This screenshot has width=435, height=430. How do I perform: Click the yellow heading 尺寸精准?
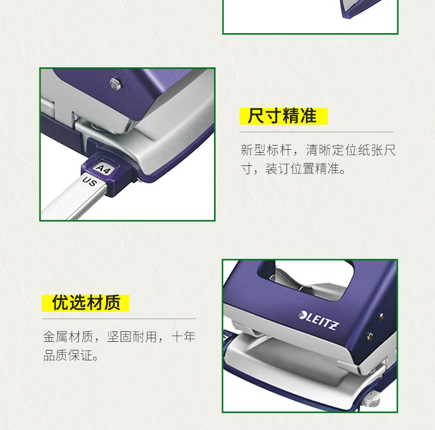coord(282,116)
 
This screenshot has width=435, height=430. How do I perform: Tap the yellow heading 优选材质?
coord(86,302)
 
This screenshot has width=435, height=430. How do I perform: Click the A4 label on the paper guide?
coord(103,169)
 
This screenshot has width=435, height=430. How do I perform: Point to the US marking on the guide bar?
coord(89,181)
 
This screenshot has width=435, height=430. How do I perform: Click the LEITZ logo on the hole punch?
coord(319,320)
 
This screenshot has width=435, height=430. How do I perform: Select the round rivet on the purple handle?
coord(115,84)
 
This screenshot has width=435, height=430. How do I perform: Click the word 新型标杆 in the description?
coord(266,150)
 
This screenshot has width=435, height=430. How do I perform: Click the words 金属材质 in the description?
coord(68,337)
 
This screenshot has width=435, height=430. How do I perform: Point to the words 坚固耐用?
coord(132,337)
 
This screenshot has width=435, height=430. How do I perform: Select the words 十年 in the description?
coord(183,337)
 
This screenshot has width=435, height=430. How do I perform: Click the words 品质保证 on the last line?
coord(68,355)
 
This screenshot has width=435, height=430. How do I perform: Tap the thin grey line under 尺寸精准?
coord(317,132)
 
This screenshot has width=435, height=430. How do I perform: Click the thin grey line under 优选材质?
coord(119,319)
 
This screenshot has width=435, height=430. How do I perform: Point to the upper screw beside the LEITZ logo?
coord(381,317)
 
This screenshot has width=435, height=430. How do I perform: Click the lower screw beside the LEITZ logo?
coord(370,337)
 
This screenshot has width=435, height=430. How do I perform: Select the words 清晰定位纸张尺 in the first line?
coord(351,150)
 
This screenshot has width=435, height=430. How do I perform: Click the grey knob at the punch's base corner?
coord(371,398)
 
